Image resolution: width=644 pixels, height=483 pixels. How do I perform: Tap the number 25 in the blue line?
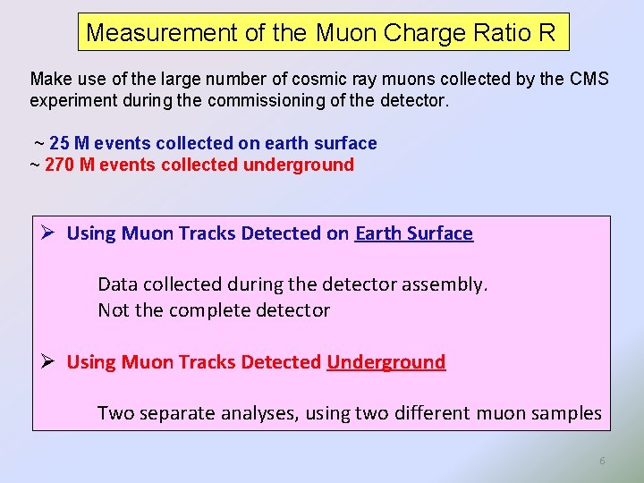tap(61, 143)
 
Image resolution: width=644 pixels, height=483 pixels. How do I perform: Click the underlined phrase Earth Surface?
tap(413, 233)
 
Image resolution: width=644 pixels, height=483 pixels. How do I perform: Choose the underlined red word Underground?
tap(386, 362)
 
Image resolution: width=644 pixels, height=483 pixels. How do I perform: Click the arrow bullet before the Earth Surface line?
tap(50, 233)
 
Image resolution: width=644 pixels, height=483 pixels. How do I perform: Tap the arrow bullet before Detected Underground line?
tap(50, 361)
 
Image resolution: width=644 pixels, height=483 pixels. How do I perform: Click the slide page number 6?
tap(602, 461)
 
